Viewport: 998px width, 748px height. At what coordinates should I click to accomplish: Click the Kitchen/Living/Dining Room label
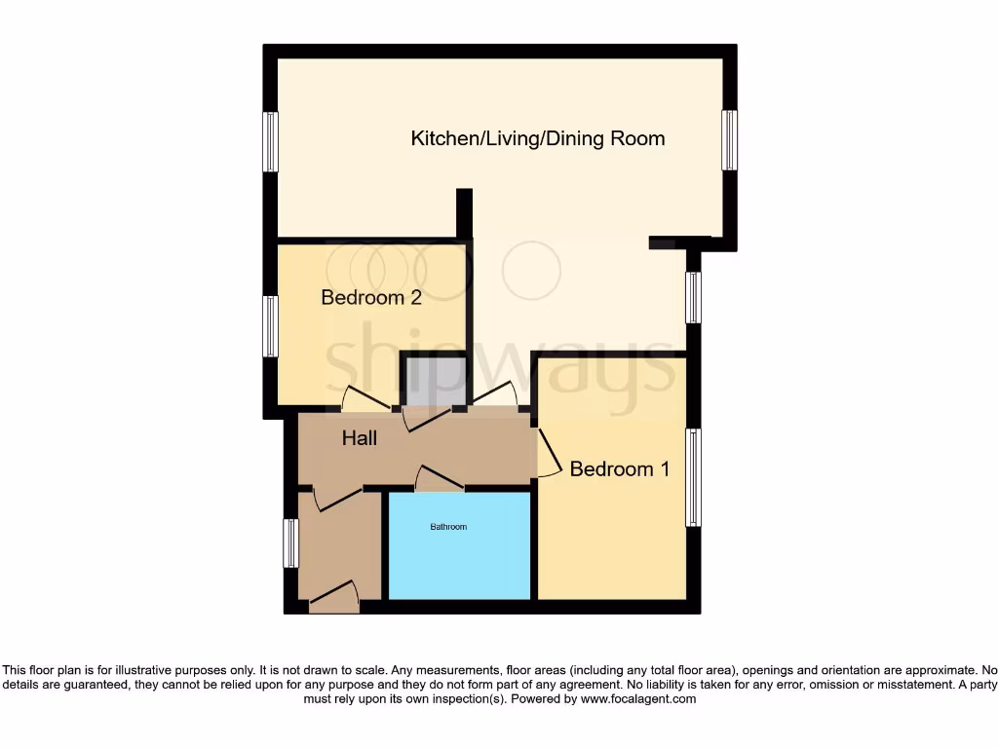coord(538,138)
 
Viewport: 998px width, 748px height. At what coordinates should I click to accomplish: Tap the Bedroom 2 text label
coord(371,298)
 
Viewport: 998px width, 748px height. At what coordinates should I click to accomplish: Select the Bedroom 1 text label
coord(620,469)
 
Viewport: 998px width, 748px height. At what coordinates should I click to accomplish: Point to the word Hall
coord(359,439)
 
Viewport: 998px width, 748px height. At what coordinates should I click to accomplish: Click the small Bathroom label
coord(448,527)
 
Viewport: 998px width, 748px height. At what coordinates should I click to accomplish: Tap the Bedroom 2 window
coord(271,326)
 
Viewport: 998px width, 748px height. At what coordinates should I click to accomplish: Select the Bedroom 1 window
coord(693,477)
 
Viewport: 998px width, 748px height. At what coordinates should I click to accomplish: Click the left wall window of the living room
coord(271,142)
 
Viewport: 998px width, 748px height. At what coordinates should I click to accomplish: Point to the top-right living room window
coord(729,140)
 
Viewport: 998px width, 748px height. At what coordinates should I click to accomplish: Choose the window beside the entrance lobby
coord(289,543)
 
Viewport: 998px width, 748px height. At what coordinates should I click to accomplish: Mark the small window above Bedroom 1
coord(693,297)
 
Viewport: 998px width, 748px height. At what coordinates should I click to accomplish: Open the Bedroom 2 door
coord(367,399)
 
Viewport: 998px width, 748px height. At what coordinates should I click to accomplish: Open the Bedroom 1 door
coord(550,454)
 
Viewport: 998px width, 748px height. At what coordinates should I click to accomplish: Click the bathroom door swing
coord(440,478)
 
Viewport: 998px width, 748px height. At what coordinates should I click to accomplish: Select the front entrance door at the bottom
coord(333,595)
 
